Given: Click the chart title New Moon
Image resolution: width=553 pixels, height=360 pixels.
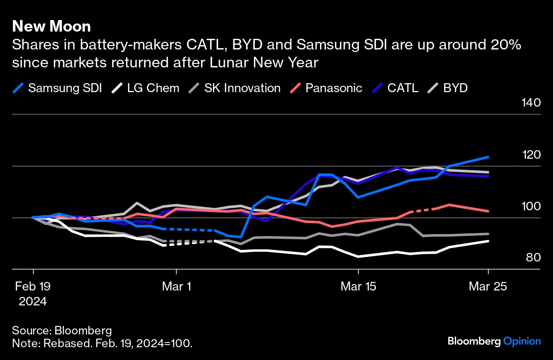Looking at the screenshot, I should coord(51,26).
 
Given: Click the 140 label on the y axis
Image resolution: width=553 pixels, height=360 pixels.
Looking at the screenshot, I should coord(531,103).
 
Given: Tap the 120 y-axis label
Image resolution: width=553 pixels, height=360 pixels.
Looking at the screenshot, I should coord(531,154).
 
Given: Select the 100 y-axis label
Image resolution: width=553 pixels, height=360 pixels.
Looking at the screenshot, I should coord(531,206).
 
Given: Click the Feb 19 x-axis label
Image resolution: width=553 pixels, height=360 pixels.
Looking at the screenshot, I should coord(33,287).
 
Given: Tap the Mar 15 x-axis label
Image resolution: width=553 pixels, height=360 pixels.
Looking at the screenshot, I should coord(358,287).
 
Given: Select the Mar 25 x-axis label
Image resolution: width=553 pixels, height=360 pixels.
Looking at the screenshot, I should coord(488,287).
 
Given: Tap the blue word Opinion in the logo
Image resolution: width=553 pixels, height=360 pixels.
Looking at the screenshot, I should coord(522,341).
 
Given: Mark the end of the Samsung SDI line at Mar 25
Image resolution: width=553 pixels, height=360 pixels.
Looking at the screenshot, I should coord(488,157).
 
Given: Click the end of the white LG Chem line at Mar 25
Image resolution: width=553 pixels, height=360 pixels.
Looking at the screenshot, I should coord(488,241).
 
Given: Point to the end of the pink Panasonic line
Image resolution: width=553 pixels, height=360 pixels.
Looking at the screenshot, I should coord(488,211).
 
